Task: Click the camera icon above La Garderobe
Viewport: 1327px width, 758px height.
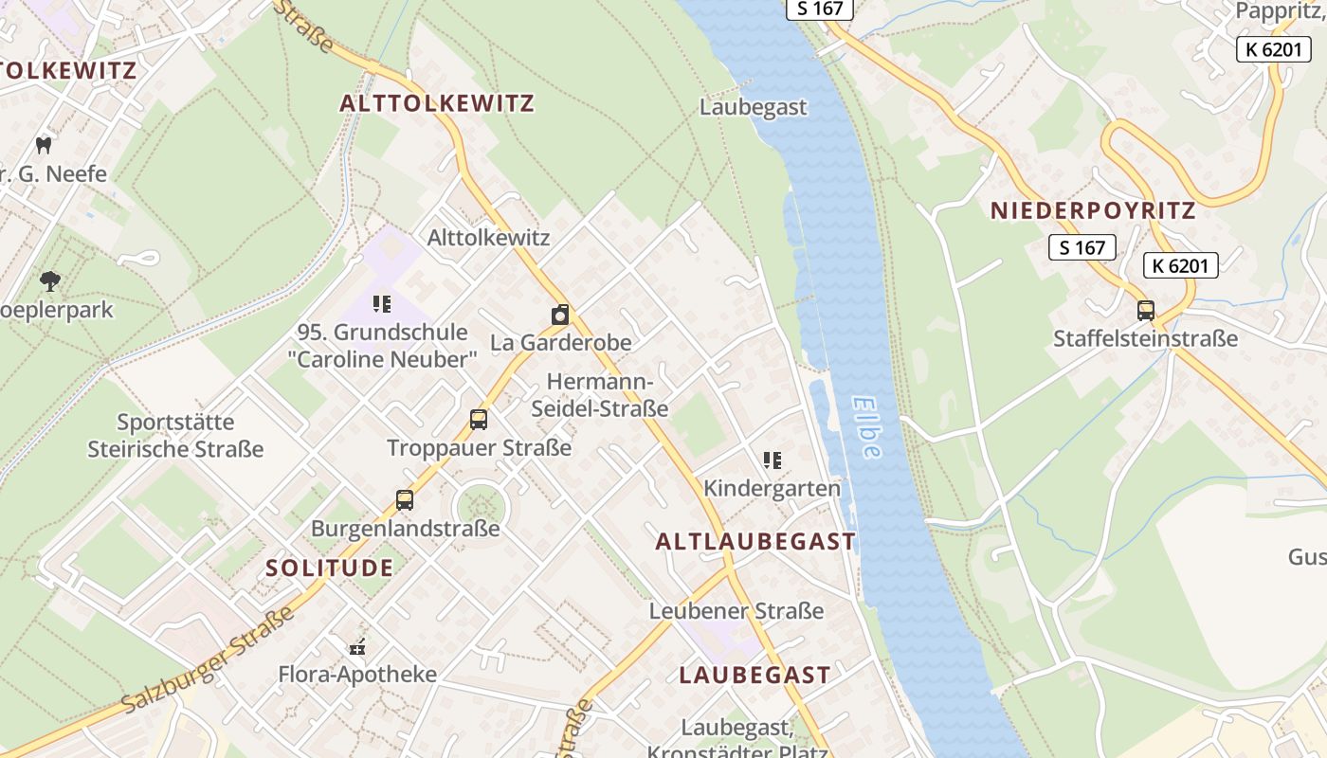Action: [x=560, y=315]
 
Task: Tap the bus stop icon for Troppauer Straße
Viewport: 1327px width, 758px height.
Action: [x=479, y=419]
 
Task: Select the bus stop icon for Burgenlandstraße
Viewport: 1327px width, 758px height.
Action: [x=405, y=499]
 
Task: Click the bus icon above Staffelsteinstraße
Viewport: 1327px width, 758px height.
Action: [x=1145, y=310]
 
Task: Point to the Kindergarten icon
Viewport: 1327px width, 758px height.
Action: [x=772, y=460]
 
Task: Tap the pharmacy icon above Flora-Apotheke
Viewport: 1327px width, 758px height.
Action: [x=357, y=648]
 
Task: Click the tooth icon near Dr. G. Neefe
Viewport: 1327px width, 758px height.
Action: [x=43, y=145]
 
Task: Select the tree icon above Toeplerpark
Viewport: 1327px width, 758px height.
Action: [x=50, y=281]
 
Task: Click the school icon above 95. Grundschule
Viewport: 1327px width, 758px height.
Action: [x=382, y=304]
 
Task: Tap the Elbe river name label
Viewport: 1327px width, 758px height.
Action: [x=866, y=426]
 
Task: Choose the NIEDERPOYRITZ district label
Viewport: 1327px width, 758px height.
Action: [x=1093, y=210]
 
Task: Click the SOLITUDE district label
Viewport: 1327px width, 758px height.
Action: [x=329, y=568]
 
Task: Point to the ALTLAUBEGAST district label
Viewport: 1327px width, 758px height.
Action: [x=755, y=541]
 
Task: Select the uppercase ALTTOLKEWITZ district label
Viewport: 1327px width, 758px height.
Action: [x=437, y=103]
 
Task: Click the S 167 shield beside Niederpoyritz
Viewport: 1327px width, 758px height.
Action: [x=1082, y=247]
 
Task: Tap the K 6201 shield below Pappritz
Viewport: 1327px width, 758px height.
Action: [x=1273, y=49]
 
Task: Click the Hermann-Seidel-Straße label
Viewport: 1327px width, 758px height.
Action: [x=600, y=395]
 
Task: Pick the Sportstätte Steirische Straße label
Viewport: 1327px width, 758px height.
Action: [x=175, y=435]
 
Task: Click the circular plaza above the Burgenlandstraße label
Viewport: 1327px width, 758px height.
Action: [x=480, y=508]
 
